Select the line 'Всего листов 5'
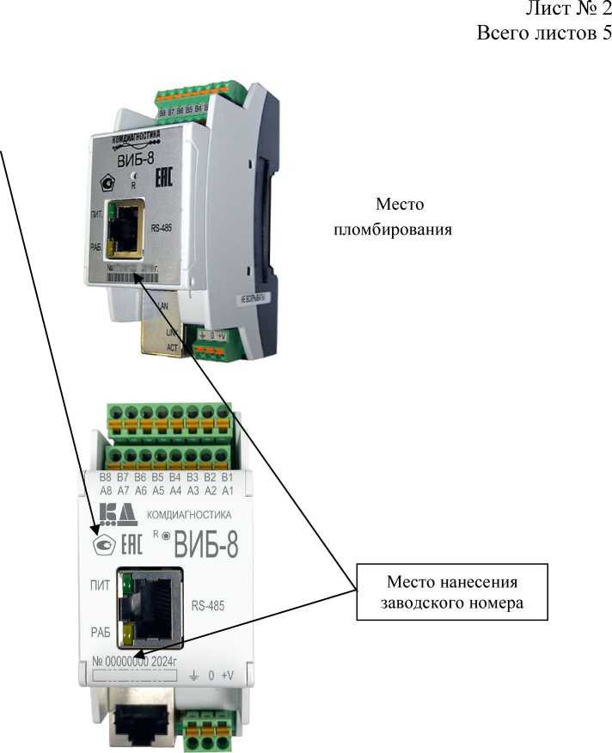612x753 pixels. pyautogui.click(x=543, y=34)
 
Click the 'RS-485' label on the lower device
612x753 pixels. pyautogui.click(x=206, y=606)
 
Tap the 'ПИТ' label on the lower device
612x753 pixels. pyautogui.click(x=101, y=585)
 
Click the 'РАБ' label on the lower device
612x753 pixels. pyautogui.click(x=101, y=633)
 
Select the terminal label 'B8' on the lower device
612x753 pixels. pyautogui.click(x=106, y=477)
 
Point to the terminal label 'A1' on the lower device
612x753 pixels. pyautogui.click(x=228, y=490)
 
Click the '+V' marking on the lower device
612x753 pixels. pyautogui.click(x=228, y=676)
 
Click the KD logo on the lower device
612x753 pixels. pyautogui.click(x=118, y=515)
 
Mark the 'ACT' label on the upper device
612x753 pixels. pyautogui.click(x=172, y=347)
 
